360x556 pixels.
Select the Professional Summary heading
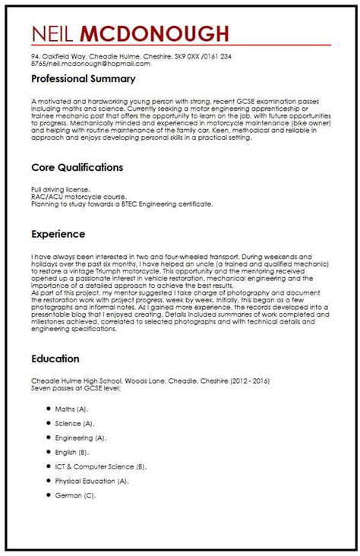[84, 79]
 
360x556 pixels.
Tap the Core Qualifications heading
[77, 167]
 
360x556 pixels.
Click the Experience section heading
[58, 235]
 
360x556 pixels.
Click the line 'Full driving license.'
[61, 189]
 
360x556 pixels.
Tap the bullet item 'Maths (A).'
[71, 409]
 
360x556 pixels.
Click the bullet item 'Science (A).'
[74, 423]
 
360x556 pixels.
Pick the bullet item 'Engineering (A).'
[81, 438]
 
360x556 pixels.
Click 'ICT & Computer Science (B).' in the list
[100, 466]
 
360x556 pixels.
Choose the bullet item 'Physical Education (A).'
[92, 481]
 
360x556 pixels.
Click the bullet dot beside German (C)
[47, 495]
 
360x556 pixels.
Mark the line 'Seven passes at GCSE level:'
[77, 387]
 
